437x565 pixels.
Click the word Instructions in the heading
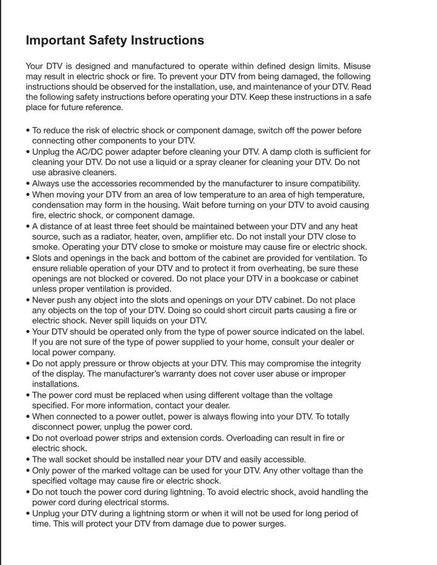point(167,41)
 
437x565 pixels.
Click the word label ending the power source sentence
point(353,332)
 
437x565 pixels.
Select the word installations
point(55,384)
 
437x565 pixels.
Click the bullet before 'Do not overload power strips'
point(28,438)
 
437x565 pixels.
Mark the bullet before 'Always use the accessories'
point(28,183)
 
